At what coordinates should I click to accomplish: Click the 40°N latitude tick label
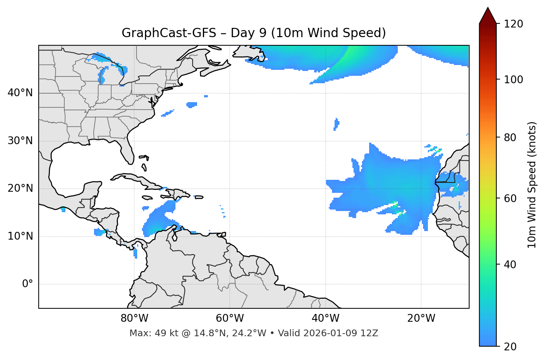click(20, 93)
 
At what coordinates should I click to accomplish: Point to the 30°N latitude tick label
click(20, 141)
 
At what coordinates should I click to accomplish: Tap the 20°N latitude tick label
click(20, 189)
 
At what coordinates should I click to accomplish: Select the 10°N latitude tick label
click(20, 236)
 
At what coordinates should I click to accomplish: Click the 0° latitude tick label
click(28, 284)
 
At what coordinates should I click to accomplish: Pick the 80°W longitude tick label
click(134, 318)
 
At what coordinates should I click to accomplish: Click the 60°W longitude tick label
click(230, 318)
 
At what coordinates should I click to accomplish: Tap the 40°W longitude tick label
click(325, 318)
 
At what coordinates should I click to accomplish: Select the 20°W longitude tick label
click(421, 318)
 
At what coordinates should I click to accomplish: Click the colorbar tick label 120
click(513, 24)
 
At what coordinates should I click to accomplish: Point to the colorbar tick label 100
click(513, 80)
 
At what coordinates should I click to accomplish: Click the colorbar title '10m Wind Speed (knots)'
click(532, 185)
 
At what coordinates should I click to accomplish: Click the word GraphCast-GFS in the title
click(169, 33)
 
